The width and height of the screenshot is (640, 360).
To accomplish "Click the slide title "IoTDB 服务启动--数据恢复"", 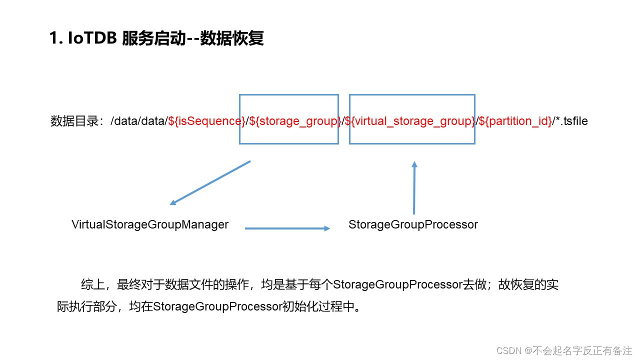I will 157,38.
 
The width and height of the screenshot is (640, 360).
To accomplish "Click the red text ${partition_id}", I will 515,121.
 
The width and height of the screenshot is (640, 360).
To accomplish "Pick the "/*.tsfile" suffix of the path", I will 570,121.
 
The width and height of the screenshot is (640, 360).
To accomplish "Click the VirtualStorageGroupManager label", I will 150,224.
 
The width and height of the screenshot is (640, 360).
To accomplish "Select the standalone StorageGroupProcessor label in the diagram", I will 413,224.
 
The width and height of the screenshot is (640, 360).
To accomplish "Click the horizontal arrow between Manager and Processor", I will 287,228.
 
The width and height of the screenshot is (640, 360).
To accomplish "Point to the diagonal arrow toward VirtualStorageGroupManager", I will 210,183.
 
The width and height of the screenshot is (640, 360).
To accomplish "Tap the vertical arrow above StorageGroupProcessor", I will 414,187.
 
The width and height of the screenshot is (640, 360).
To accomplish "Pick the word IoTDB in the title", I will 90,38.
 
